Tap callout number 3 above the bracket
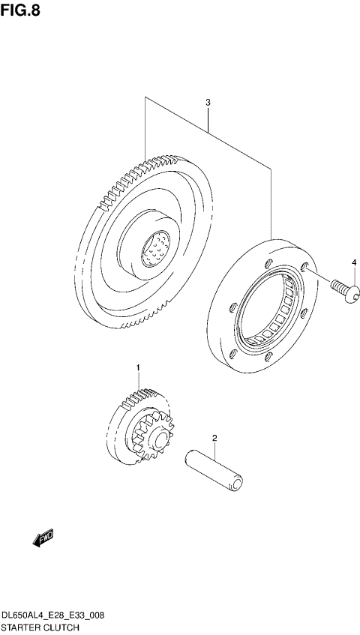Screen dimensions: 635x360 pyautogui.click(x=208, y=102)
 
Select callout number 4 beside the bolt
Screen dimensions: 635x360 pyautogui.click(x=354, y=262)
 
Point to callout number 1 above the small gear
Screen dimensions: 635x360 pyautogui.click(x=138, y=367)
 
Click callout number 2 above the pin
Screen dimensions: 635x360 pyautogui.click(x=214, y=438)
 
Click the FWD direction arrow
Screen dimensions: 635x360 pyautogui.click(x=41, y=537)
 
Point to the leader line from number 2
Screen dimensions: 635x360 pyautogui.click(x=214, y=450)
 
